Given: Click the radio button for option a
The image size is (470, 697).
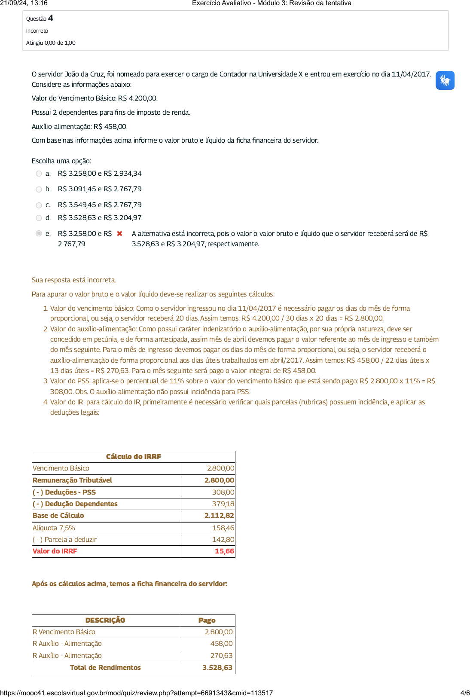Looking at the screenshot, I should pos(39,174).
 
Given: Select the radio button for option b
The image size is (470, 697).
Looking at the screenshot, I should pos(39,190).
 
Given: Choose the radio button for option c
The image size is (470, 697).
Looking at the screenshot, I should pos(39,205).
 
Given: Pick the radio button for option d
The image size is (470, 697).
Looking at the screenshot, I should pos(39,218).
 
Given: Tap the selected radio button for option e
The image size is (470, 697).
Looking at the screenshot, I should pos(39,233).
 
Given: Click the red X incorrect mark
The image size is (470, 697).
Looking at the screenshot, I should pos(119,233).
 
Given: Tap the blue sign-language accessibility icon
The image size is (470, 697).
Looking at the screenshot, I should pos(445,80).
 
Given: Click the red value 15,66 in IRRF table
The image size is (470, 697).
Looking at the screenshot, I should pos(224,551).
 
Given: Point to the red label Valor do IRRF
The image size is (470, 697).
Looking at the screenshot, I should pos(55,551).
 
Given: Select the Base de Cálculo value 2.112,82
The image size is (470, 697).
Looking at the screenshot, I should pos(219,516).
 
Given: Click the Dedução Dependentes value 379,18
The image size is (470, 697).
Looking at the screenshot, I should pos(223,504).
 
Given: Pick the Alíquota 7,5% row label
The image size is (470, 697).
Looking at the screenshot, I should pos(54,528).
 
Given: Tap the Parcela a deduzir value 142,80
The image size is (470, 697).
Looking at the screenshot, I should pos(223,540).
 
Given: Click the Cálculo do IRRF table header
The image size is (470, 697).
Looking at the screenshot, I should pos(133,457).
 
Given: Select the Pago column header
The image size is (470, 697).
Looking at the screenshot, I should pos(207,621).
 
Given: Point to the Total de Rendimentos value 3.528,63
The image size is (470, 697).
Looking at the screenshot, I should pos(217,668).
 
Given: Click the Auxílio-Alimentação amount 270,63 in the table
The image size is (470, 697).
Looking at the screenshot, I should pos(221,656).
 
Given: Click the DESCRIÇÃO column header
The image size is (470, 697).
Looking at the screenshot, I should pos(105,621).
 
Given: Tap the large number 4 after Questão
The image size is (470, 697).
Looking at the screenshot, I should pos(51,18).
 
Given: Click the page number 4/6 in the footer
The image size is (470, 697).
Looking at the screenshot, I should pos(465,693).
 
